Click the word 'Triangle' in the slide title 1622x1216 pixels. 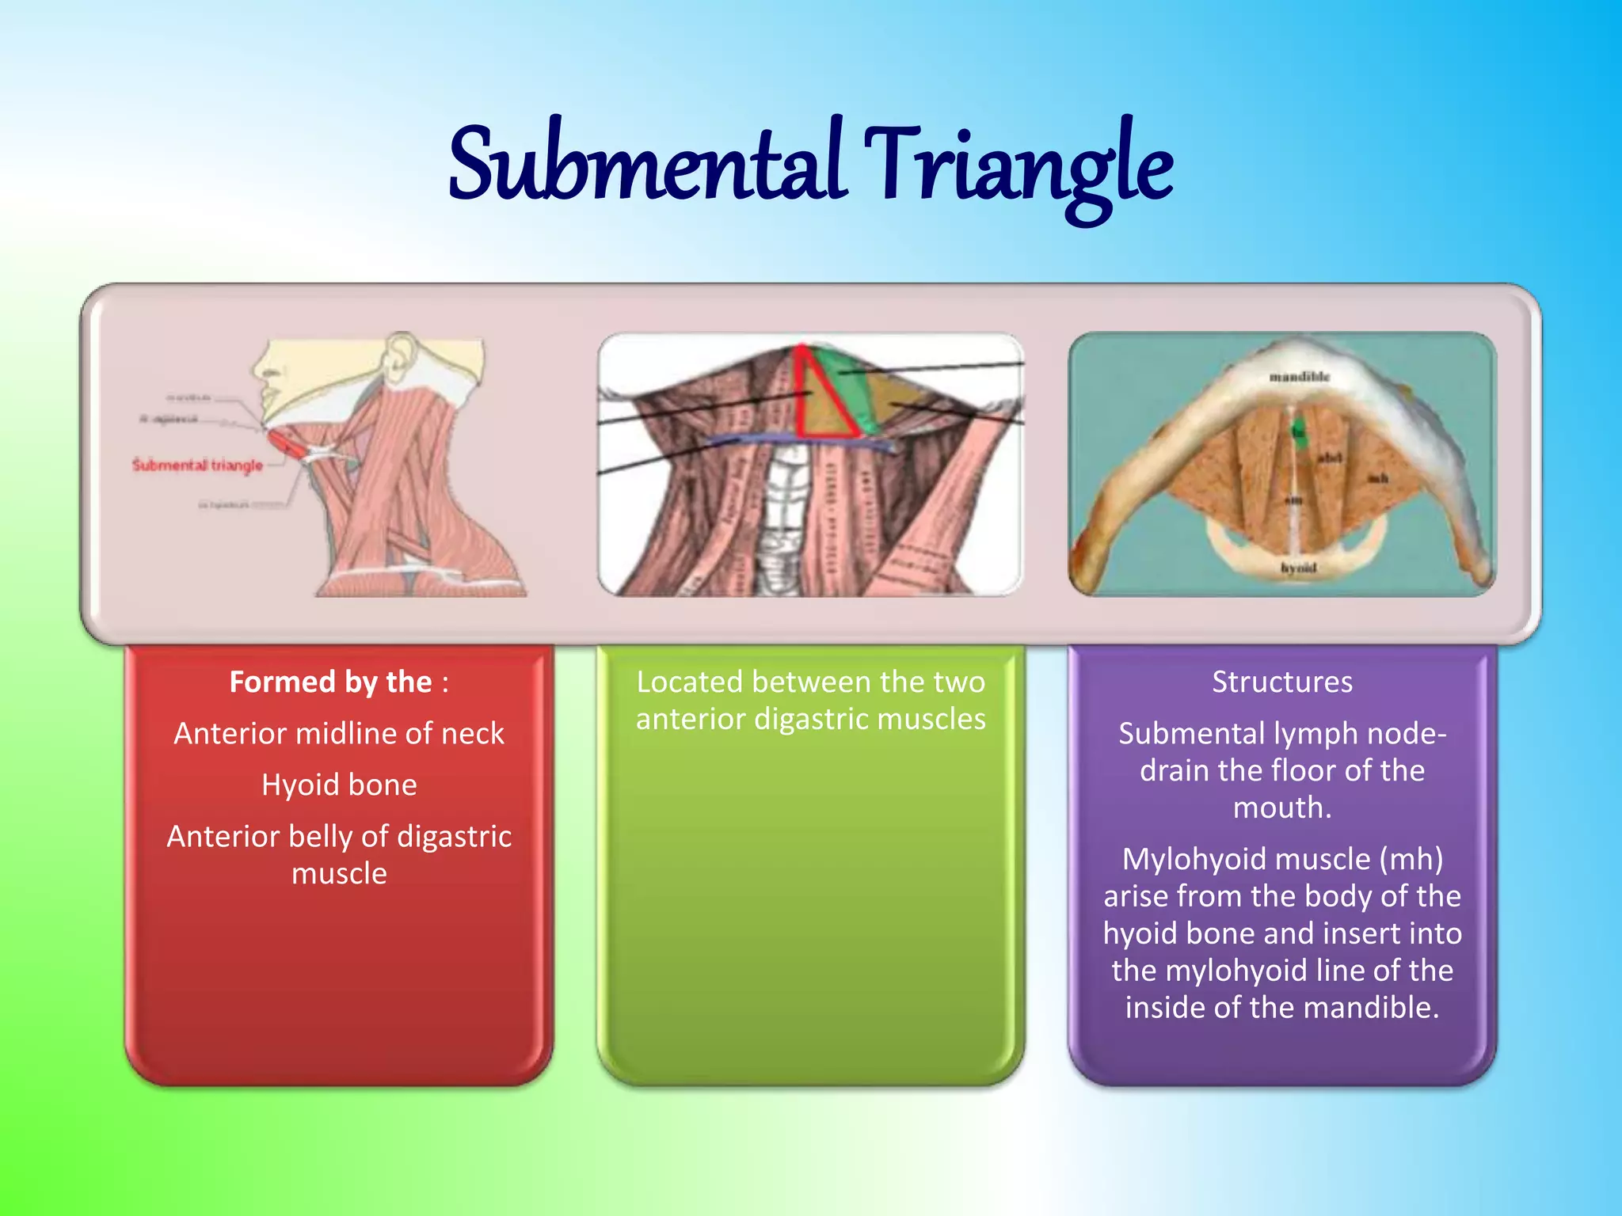(1018, 168)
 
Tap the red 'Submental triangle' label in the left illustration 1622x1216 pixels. (197, 465)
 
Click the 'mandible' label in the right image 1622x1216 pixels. (1300, 377)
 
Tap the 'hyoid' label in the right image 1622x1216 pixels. (1298, 568)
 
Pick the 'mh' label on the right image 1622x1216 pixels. (1377, 478)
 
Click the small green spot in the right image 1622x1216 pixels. (1298, 431)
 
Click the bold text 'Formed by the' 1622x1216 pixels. (330, 682)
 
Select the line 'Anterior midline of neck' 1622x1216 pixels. (339, 733)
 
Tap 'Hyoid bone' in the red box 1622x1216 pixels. (339, 785)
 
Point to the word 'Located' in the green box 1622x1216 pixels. (689, 682)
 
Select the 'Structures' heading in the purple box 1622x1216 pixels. (1282, 682)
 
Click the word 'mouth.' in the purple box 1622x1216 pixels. (1282, 807)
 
